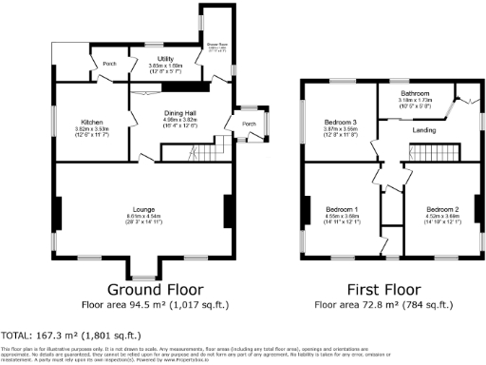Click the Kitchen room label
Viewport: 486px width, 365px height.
[92, 122]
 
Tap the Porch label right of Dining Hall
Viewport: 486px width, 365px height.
[250, 124]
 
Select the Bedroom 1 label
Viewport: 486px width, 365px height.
[342, 208]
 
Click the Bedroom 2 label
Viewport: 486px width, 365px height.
[442, 208]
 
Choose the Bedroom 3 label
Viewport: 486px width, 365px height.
[341, 122]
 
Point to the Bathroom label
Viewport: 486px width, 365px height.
[415, 92]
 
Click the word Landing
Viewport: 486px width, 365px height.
[425, 130]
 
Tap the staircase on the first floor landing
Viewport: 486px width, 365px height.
[433, 152]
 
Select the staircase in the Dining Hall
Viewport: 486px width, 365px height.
[190, 150]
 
